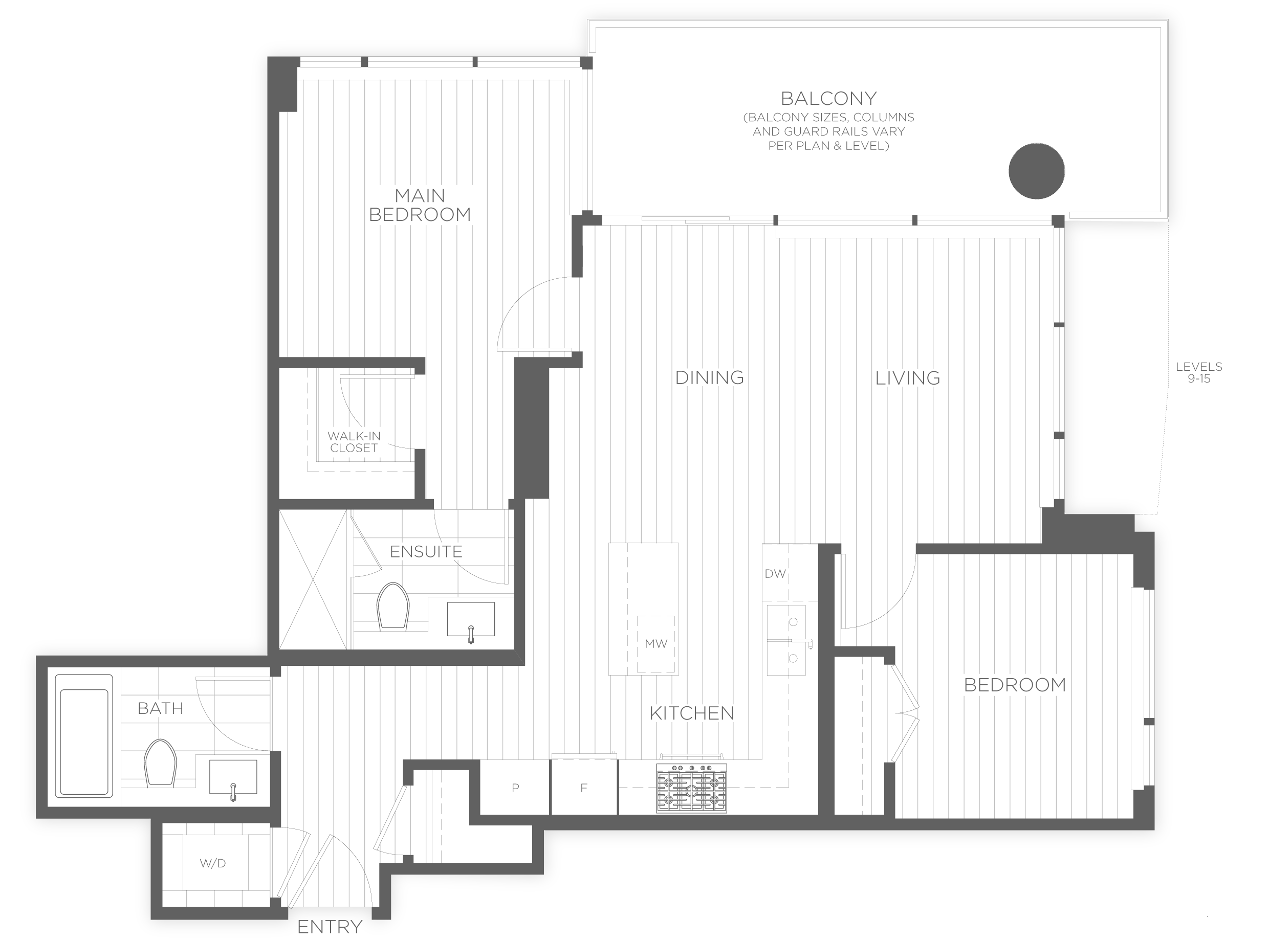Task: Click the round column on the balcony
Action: pyautogui.click(x=1037, y=171)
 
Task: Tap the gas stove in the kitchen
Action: pyautogui.click(x=691, y=789)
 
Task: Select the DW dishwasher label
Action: pyautogui.click(x=775, y=574)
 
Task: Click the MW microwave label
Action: pyautogui.click(x=656, y=644)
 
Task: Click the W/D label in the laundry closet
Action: pyautogui.click(x=212, y=864)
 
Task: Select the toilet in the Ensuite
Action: pyautogui.click(x=393, y=606)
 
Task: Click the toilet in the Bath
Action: pyautogui.click(x=160, y=763)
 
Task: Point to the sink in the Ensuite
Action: pyautogui.click(x=471, y=619)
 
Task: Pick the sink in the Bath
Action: pyautogui.click(x=233, y=777)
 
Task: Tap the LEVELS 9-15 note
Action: pyautogui.click(x=1199, y=372)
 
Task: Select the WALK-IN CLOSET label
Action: pyautogui.click(x=354, y=442)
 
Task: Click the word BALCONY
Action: pyautogui.click(x=828, y=99)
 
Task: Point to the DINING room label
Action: pyautogui.click(x=709, y=377)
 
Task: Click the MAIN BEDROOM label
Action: pyautogui.click(x=420, y=205)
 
